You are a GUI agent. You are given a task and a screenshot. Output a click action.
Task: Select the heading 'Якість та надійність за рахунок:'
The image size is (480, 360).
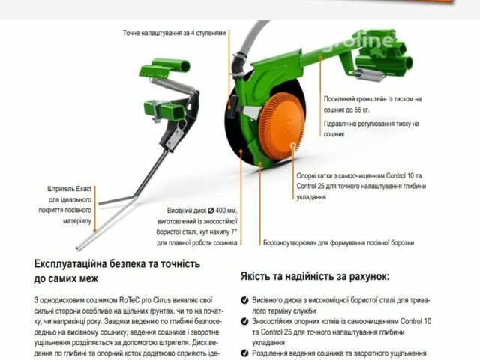(x=314, y=276)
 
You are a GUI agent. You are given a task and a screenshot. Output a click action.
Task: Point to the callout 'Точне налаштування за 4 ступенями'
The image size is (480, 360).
(x=174, y=34)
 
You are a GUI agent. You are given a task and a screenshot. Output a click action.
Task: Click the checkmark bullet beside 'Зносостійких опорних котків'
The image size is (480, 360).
(x=245, y=321)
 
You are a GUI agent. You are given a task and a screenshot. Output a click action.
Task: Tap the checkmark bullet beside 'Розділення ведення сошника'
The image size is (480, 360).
(x=245, y=352)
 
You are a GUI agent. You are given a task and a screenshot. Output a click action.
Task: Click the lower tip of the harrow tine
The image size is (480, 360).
(x=81, y=247)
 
